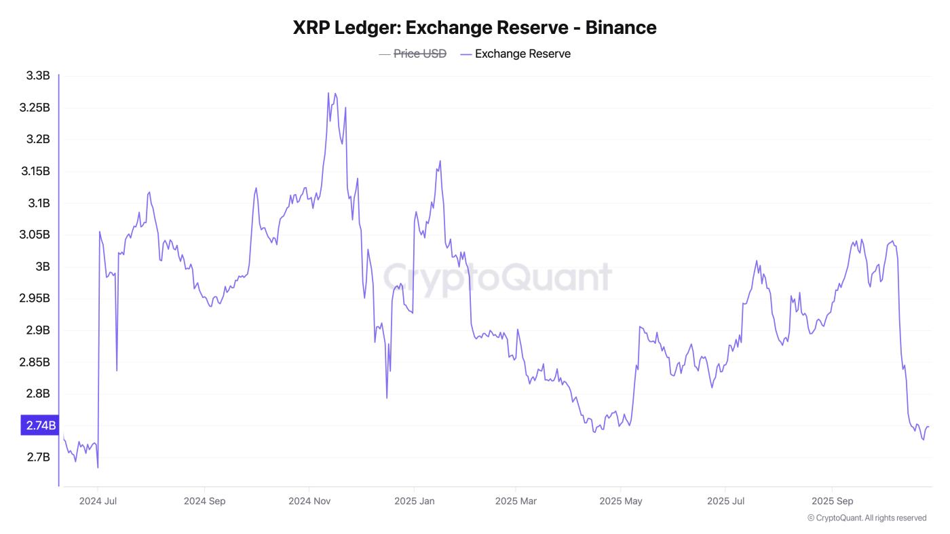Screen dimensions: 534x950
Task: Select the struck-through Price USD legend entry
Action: tap(419, 54)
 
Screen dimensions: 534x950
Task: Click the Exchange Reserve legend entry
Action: tap(522, 54)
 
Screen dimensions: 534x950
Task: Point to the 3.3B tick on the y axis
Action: tap(38, 76)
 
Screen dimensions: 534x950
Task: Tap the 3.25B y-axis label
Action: tap(35, 108)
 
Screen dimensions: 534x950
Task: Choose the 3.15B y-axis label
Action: tap(35, 171)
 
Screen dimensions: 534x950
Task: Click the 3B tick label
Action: tap(42, 267)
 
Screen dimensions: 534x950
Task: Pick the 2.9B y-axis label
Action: tap(38, 330)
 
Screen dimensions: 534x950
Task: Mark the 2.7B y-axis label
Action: tap(38, 457)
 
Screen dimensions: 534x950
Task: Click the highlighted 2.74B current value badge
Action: tap(39, 425)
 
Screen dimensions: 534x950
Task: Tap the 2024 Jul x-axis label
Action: tap(98, 501)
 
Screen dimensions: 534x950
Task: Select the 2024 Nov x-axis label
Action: tap(309, 501)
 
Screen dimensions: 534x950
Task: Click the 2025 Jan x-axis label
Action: tap(414, 501)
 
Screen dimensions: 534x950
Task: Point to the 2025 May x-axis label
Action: tap(620, 501)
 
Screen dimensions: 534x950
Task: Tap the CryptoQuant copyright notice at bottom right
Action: tap(867, 518)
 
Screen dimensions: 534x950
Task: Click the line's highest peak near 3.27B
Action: tap(328, 93)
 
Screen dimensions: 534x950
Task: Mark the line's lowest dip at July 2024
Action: tap(98, 468)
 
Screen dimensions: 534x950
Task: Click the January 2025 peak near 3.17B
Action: tap(440, 161)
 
